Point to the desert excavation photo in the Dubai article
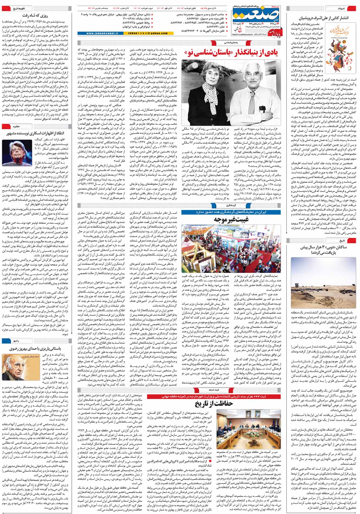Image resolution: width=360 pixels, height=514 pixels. [x=323, y=282]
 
